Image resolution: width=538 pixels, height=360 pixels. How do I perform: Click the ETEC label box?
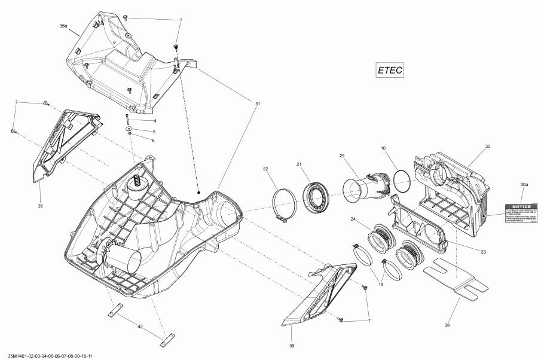(390, 70)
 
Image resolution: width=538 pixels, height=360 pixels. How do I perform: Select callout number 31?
(258, 104)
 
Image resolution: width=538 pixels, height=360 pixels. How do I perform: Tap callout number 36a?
(63, 26)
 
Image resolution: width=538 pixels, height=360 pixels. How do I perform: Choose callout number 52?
(265, 169)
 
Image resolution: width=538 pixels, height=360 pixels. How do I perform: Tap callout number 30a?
(524, 186)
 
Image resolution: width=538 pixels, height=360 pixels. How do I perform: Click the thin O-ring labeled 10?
(402, 181)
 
